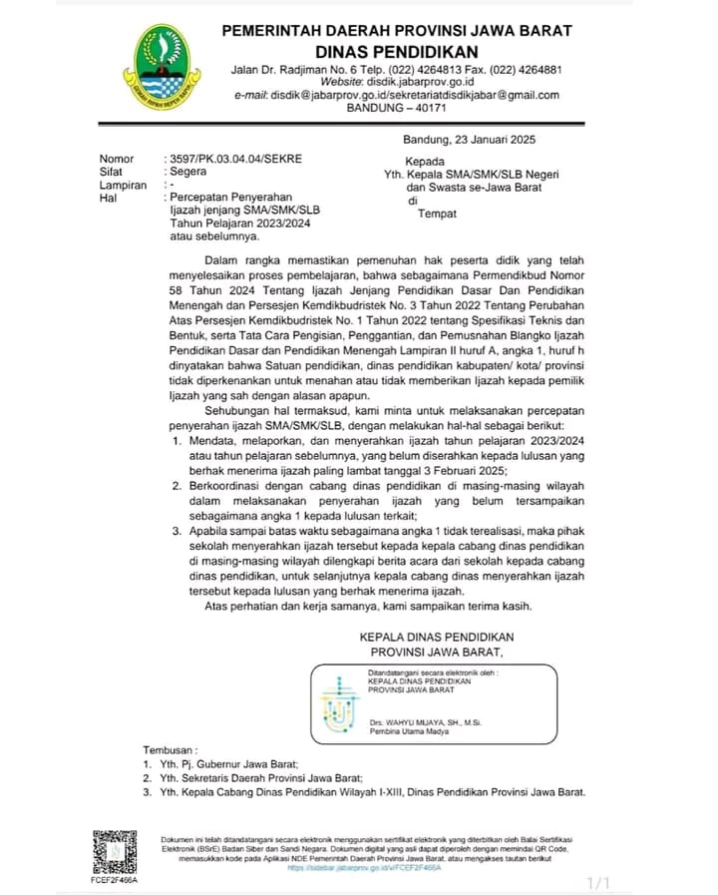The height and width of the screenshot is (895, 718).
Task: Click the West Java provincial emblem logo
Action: (159, 67)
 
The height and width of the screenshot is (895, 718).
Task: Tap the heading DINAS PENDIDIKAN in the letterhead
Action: (397, 52)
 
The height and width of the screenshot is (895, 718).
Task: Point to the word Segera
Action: (188, 172)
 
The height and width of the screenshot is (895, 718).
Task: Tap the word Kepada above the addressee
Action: (425, 161)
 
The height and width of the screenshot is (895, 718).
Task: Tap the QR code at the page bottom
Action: (115, 851)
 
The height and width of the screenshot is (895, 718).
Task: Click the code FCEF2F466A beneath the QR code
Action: (115, 881)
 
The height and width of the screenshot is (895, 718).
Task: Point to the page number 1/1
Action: (598, 882)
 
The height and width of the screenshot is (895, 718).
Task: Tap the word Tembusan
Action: (171, 748)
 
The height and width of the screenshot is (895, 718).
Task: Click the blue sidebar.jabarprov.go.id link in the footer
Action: (364, 868)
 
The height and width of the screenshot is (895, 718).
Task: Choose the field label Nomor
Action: (117, 160)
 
